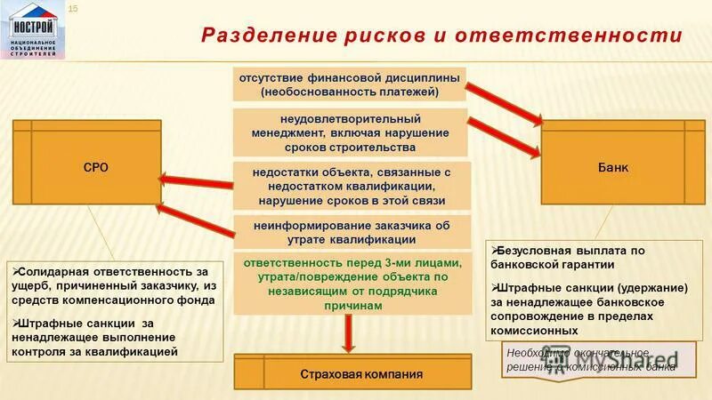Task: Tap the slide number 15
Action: (73, 9)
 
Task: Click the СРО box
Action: (95, 167)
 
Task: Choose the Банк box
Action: (613, 167)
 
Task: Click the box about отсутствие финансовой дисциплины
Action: (350, 84)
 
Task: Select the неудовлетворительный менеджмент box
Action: (350, 132)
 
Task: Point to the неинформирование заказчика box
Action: (351, 232)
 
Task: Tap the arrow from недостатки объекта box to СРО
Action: (196, 182)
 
